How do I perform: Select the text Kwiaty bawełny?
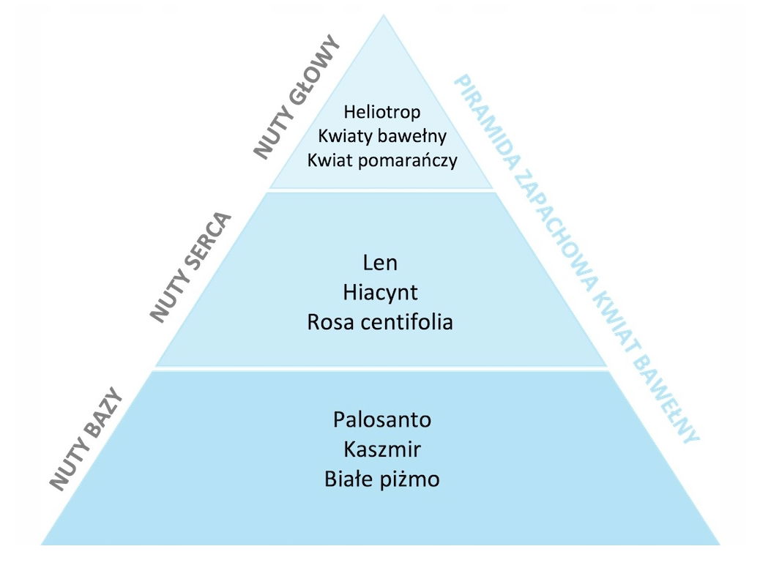[x=381, y=136]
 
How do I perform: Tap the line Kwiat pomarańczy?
[x=381, y=160]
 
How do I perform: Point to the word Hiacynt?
[x=380, y=292]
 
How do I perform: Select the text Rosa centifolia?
[x=380, y=321]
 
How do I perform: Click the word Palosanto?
[x=381, y=420]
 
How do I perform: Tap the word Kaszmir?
[x=381, y=449]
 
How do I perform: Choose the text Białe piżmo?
[x=381, y=479]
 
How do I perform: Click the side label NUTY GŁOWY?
[x=297, y=97]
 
